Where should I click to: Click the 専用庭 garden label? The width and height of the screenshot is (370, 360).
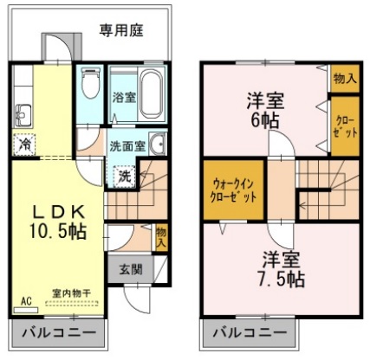coord(120,30)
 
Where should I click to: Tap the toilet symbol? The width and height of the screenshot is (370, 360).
coord(88,87)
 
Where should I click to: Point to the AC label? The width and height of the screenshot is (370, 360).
coord(25,301)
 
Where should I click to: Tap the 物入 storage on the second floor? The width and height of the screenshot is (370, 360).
coord(344,79)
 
